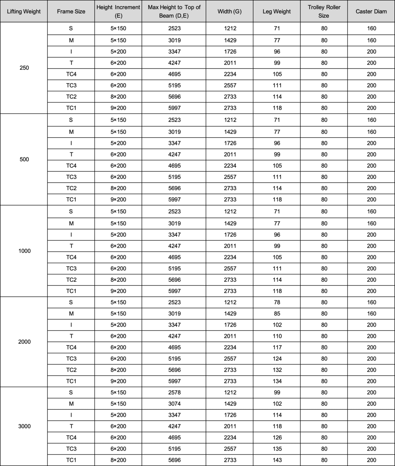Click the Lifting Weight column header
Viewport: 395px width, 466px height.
point(24,11)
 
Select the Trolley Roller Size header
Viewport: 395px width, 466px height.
point(324,11)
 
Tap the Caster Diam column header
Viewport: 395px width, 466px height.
point(371,11)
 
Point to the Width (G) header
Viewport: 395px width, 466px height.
point(229,11)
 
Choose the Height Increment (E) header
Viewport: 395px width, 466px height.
point(118,11)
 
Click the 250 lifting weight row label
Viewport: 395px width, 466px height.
point(24,68)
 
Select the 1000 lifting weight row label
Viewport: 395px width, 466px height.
point(24,251)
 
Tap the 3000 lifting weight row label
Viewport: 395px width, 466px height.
point(24,426)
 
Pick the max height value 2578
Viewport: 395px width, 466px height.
point(174,392)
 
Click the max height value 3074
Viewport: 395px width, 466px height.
point(174,404)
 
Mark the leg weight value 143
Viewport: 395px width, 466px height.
point(277,460)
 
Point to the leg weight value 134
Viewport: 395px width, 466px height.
point(277,381)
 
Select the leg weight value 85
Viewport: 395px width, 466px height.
point(277,313)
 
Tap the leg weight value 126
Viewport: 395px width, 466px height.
point(277,437)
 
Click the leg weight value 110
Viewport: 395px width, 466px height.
point(277,336)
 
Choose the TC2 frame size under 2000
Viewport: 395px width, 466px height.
point(71,370)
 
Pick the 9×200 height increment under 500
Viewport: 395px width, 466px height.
point(118,199)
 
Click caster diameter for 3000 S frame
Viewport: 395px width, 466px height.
point(371,392)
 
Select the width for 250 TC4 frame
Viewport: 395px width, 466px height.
point(230,74)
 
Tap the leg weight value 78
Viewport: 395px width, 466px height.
point(277,302)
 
